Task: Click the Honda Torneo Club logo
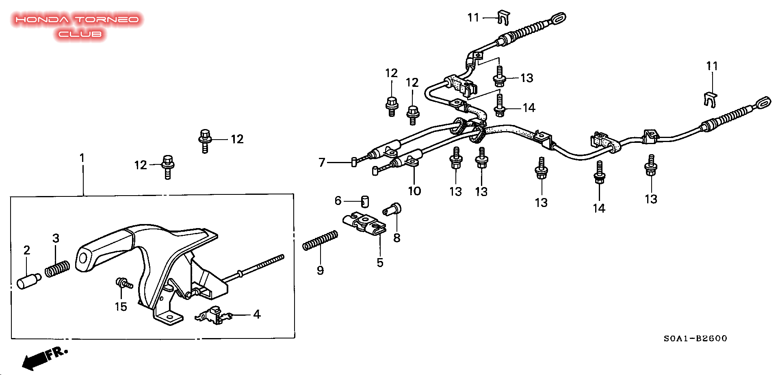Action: pyautogui.click(x=78, y=26)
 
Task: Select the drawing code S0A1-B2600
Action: pyautogui.click(x=695, y=338)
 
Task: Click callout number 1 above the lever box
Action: pyautogui.click(x=82, y=157)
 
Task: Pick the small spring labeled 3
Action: pyautogui.click(x=57, y=269)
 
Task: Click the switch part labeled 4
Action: pyautogui.click(x=213, y=315)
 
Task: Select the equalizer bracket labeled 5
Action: pyautogui.click(x=364, y=223)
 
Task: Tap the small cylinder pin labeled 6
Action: pyautogui.click(x=365, y=201)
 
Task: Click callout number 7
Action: pyautogui.click(x=322, y=162)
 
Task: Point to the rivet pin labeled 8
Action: pyautogui.click(x=392, y=209)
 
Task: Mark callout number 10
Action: pyautogui.click(x=414, y=191)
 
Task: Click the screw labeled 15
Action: pyautogui.click(x=124, y=283)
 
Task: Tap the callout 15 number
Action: pyautogui.click(x=121, y=306)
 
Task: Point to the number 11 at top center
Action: pyautogui.click(x=474, y=17)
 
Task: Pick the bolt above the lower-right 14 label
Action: pyautogui.click(x=599, y=173)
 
